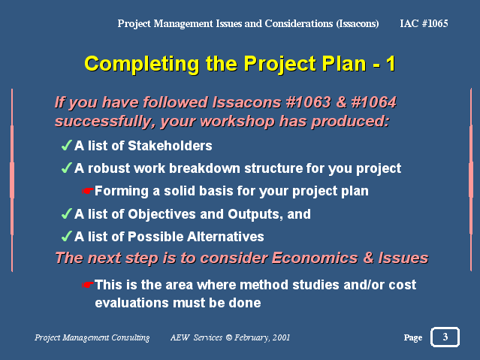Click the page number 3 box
point(445,337)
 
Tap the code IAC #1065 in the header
point(424,23)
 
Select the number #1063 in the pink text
point(308,102)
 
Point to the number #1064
point(373,102)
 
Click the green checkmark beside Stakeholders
point(67,145)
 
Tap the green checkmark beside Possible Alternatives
point(67,236)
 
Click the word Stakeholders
point(170,146)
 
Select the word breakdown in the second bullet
point(204,168)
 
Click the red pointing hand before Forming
point(88,191)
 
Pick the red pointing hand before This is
point(88,285)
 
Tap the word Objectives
point(161,214)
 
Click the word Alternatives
point(225,237)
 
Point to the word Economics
point(315,258)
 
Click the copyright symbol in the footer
point(229,337)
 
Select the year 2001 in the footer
point(281,337)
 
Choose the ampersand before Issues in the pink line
point(368,258)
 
